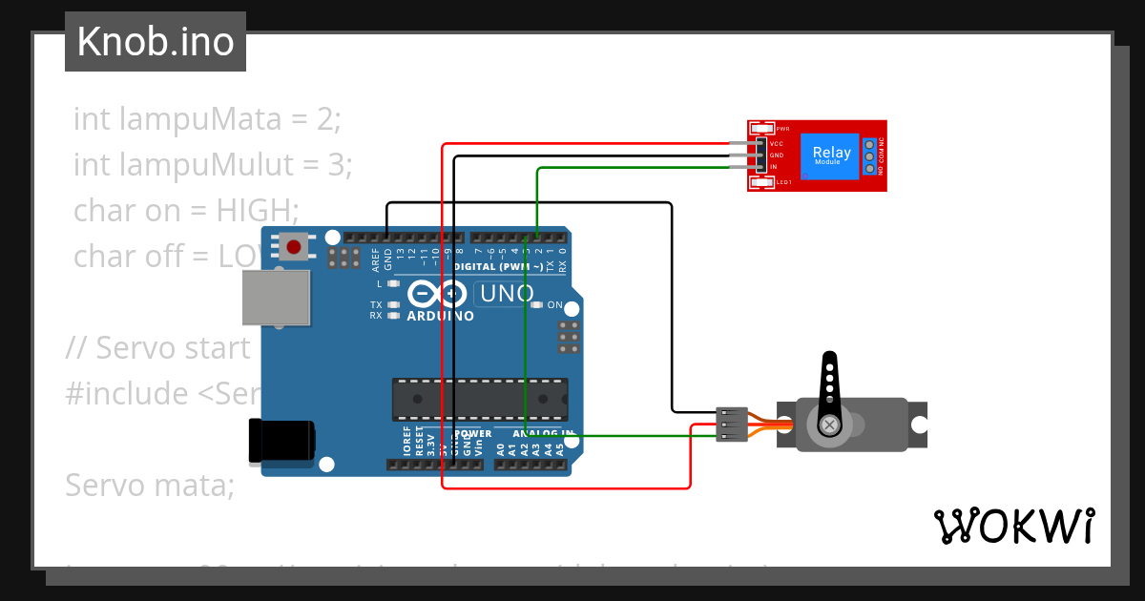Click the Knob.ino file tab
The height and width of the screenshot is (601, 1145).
(x=156, y=42)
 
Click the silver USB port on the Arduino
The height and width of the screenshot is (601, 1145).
(x=276, y=298)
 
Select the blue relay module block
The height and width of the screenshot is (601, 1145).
(x=831, y=155)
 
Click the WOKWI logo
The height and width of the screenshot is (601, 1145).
(x=1012, y=526)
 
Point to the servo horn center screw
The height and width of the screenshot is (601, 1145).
(x=830, y=423)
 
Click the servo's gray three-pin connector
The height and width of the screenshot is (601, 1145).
(x=730, y=424)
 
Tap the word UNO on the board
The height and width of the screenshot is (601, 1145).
(x=507, y=294)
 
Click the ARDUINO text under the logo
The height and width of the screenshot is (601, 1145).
(x=440, y=316)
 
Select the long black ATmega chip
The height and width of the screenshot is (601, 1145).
(x=480, y=399)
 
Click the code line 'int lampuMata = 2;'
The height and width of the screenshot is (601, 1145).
(x=207, y=119)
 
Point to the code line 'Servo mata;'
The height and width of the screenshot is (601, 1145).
(x=150, y=486)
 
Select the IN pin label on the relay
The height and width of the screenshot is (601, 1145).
(x=774, y=167)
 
